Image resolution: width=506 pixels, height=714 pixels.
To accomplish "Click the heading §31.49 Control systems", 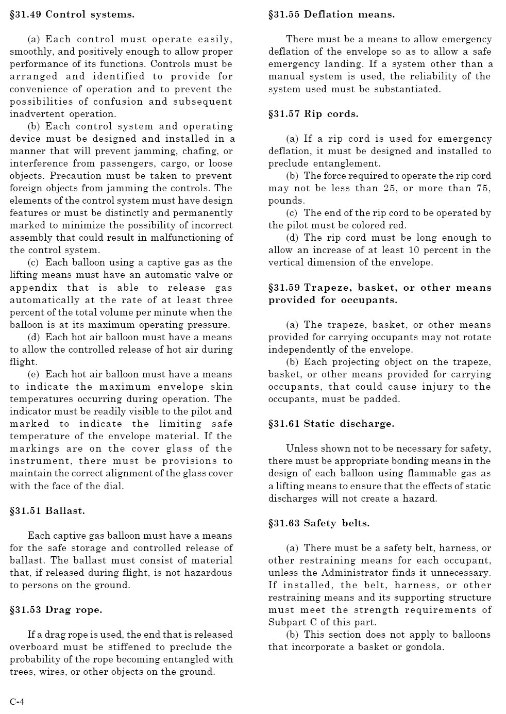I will coord(72,14).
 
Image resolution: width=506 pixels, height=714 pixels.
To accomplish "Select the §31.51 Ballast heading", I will coord(47,511).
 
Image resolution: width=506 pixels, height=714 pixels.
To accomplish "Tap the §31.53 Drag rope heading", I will coord(56,610).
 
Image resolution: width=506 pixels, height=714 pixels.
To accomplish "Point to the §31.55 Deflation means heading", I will coord(331,14).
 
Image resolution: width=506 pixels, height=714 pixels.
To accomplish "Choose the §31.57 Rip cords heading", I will coord(313,114).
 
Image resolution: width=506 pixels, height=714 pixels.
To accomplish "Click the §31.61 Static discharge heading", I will coord(331,424).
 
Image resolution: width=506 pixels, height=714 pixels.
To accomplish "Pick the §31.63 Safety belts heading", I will coord(318,523).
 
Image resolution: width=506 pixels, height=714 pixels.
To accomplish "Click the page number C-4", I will coord(17,702).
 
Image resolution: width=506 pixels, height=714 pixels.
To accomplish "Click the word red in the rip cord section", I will coord(397,225).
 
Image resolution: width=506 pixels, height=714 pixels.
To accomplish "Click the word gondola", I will coord(426,647).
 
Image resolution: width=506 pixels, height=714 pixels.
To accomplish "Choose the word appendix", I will coord(33,288).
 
